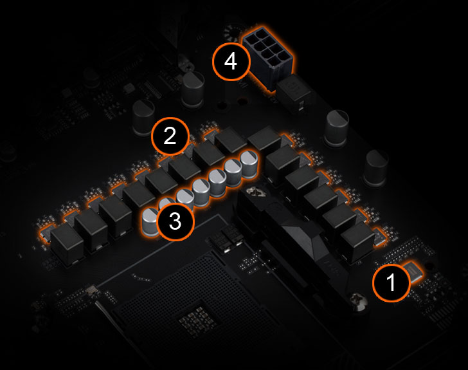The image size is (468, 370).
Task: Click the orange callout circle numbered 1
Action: pos(392,282)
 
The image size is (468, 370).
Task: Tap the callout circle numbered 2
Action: pos(170,136)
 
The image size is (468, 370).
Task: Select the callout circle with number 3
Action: pos(175,221)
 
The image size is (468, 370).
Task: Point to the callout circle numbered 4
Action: pos(231,62)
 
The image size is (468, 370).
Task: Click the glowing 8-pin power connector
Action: pos(268,57)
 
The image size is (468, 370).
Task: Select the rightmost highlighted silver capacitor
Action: pos(249,164)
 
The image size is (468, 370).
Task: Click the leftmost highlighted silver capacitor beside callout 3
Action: pos(150,221)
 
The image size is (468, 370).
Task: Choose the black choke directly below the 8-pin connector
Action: pos(294,91)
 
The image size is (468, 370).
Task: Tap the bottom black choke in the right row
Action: pos(357,243)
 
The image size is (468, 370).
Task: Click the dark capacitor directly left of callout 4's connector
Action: pos(193,88)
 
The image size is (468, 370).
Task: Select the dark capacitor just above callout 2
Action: pos(144,117)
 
